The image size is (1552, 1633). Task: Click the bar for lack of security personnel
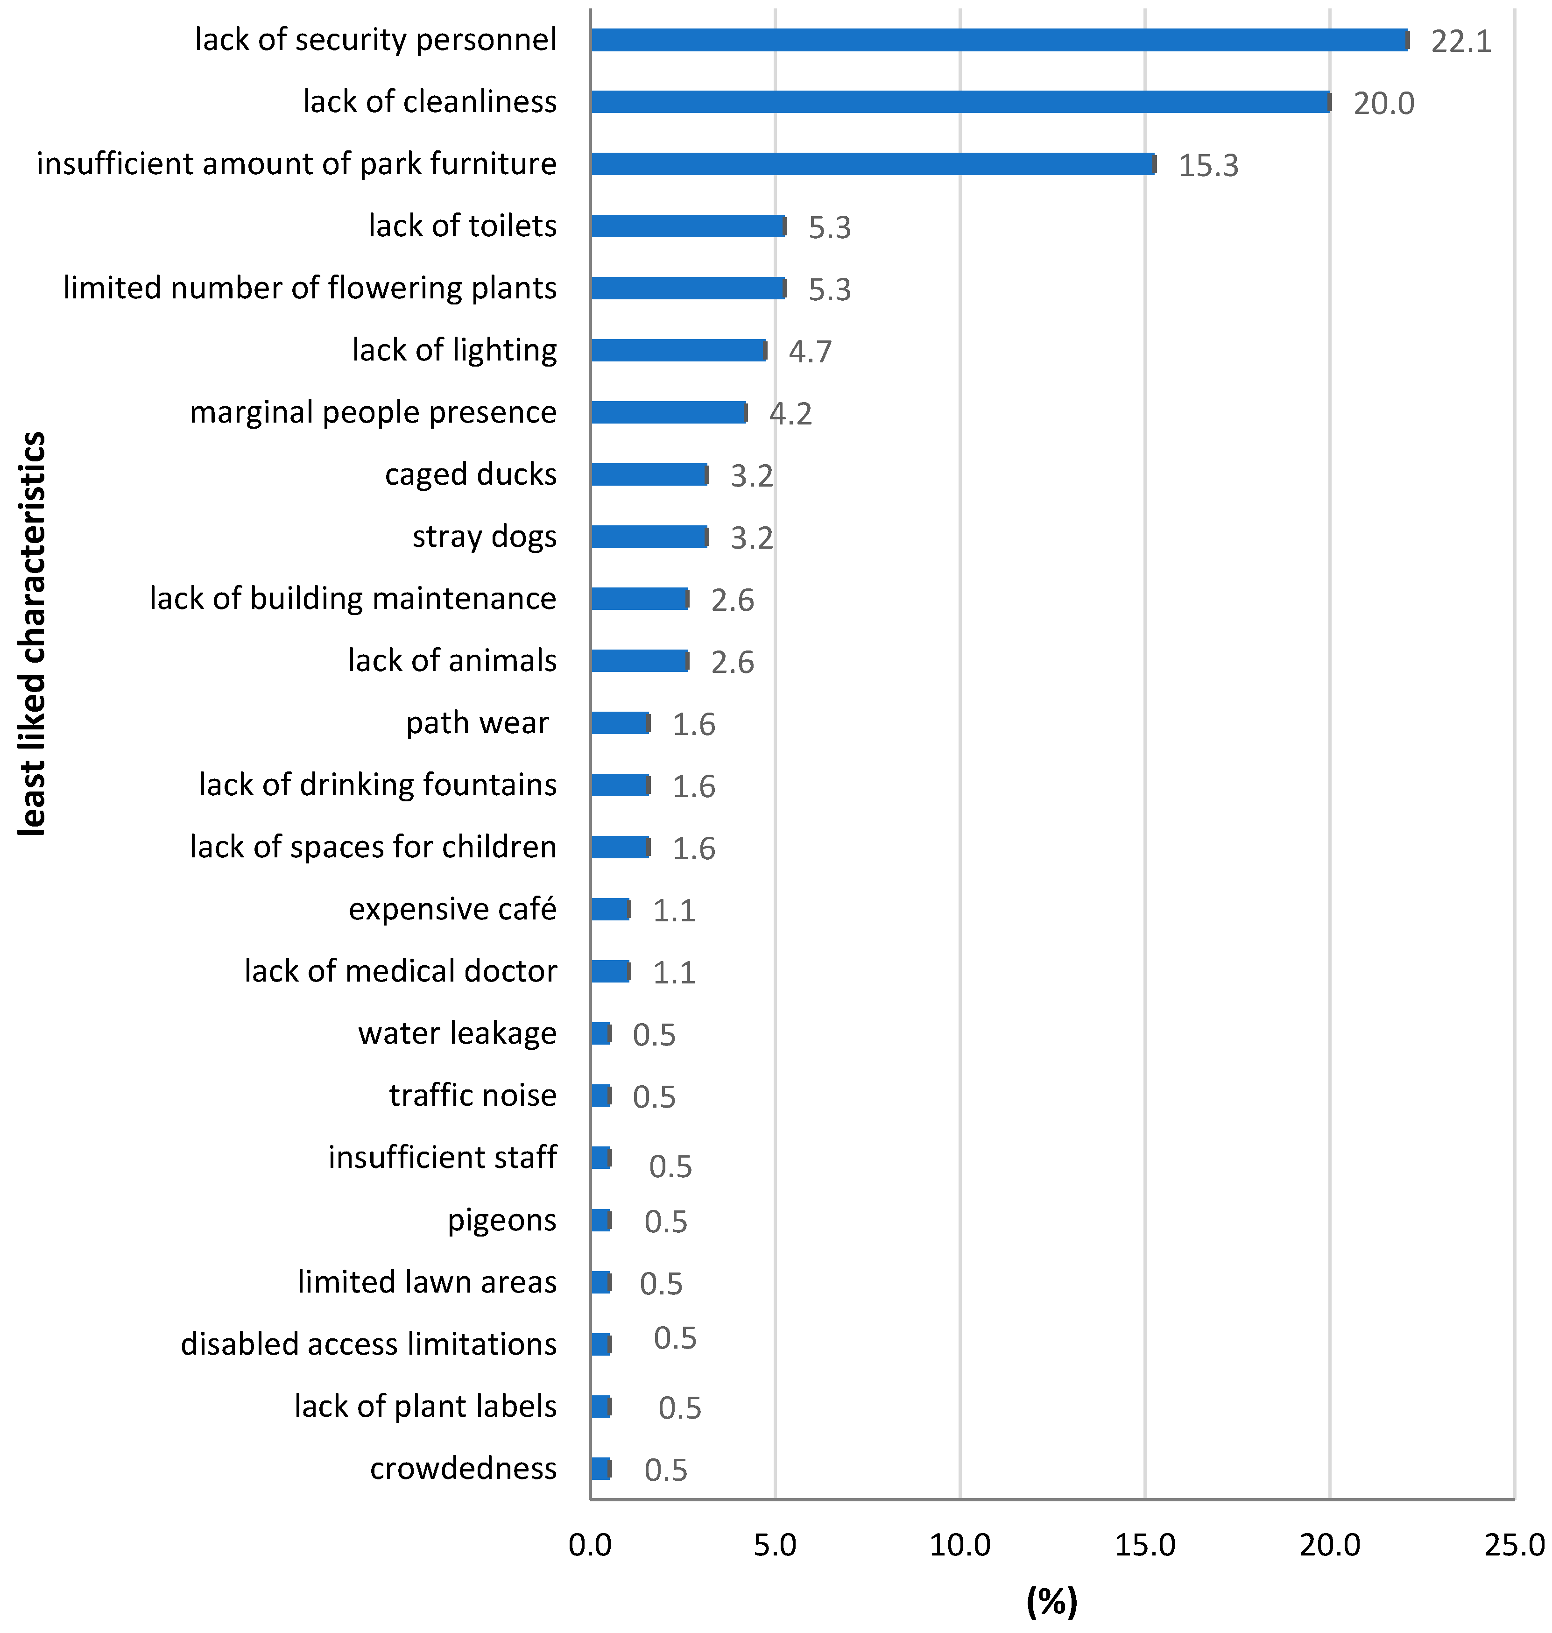(999, 40)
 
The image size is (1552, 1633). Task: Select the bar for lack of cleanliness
(960, 102)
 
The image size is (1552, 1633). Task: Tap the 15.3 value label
(1208, 165)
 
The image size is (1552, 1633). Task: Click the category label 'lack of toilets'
(462, 226)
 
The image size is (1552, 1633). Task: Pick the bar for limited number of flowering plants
(688, 288)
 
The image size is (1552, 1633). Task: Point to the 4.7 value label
(810, 352)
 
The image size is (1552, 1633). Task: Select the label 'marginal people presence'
(373, 412)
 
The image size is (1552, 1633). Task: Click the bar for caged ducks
(649, 474)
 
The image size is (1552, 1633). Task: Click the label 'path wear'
(477, 723)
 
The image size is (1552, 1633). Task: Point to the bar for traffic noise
(600, 1096)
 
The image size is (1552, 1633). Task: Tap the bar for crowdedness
(600, 1468)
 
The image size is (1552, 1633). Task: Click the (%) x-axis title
(1051, 1602)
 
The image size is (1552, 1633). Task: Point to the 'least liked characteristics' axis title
(33, 634)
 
